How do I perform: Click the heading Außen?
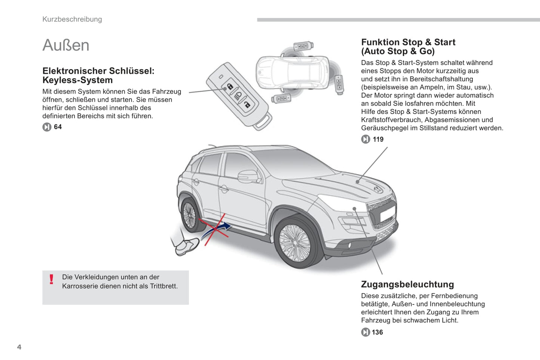click(66, 45)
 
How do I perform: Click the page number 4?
click(19, 347)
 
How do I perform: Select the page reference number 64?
click(58, 127)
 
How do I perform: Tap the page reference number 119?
click(378, 139)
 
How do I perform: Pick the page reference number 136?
click(377, 332)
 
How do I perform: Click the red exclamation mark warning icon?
click(52, 279)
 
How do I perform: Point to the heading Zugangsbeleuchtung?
click(407, 284)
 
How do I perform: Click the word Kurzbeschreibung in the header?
click(72, 19)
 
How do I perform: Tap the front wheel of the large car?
click(295, 242)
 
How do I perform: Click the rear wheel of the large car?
click(190, 215)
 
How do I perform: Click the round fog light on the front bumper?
click(350, 245)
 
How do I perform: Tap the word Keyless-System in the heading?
click(77, 80)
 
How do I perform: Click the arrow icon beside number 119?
click(365, 139)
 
